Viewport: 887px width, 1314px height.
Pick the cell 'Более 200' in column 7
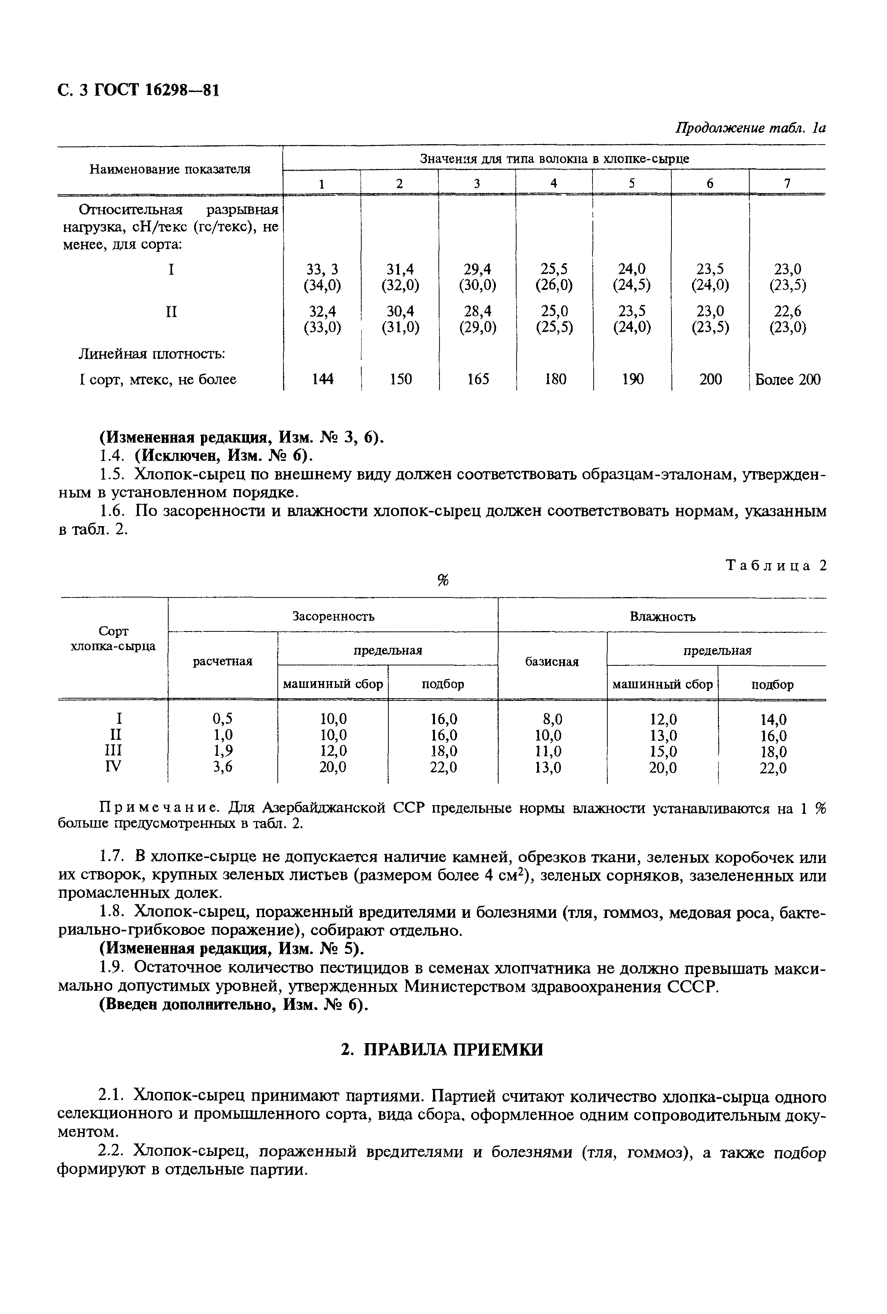787,379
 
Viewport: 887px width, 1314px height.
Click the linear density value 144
322,379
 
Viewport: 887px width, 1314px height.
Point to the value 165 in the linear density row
478,379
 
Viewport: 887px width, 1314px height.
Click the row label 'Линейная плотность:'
151,354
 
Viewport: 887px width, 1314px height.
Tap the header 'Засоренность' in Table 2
333,616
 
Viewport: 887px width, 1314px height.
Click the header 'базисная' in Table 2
552,662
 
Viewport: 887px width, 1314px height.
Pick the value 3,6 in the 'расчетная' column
222,767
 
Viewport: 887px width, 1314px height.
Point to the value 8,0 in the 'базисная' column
552,719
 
